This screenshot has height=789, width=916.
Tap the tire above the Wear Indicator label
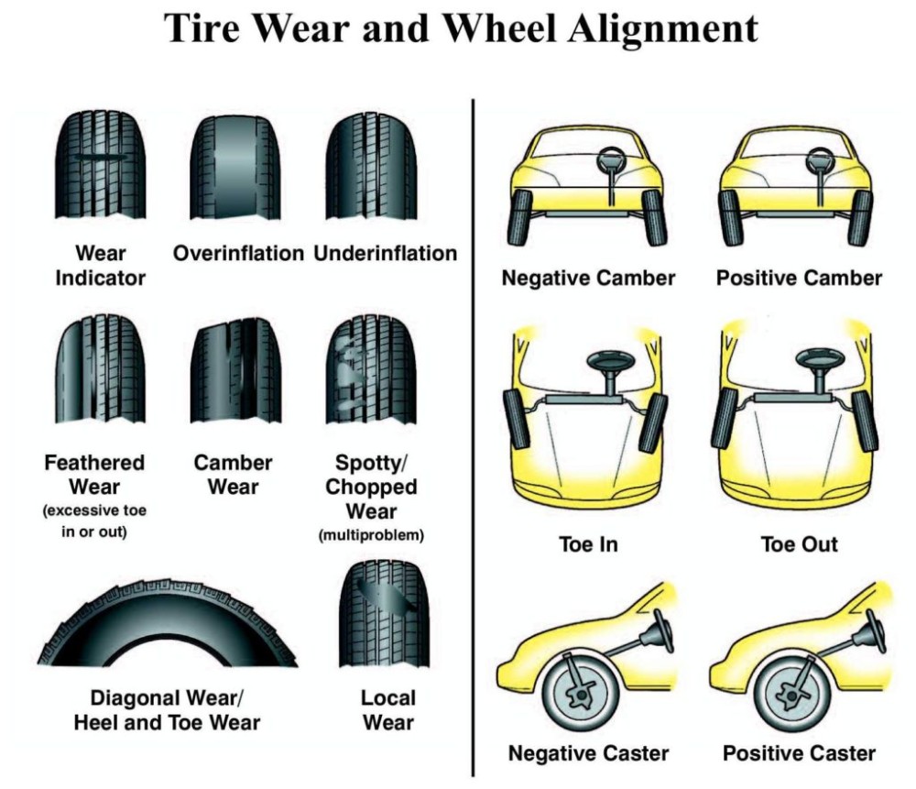pos(100,166)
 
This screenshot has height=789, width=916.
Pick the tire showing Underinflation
pos(372,166)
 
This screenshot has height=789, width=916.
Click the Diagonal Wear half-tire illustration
pos(167,623)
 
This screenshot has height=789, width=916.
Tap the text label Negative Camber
pos(588,278)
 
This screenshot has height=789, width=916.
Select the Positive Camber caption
pos(799,278)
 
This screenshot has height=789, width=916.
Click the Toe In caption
pos(588,544)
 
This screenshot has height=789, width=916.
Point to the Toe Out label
pos(799,544)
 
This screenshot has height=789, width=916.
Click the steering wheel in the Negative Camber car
pos(610,163)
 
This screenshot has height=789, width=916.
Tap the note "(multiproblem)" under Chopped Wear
pos(371,535)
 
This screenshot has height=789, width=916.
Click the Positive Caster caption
pos(799,754)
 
